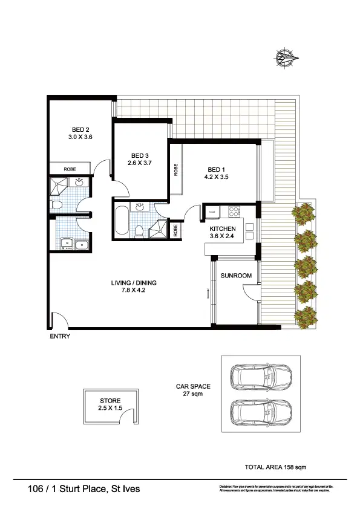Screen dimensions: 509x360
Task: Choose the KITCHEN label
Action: click(x=222, y=229)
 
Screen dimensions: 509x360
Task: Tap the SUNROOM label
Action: click(x=235, y=275)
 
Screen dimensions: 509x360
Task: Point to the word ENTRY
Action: click(x=60, y=337)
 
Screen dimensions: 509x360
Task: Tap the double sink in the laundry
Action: click(x=73, y=244)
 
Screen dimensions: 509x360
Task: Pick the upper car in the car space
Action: click(x=263, y=377)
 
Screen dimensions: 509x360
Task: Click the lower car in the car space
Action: click(x=263, y=414)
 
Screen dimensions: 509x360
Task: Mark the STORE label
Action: click(x=110, y=401)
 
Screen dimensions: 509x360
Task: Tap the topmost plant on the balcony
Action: click(x=304, y=213)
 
